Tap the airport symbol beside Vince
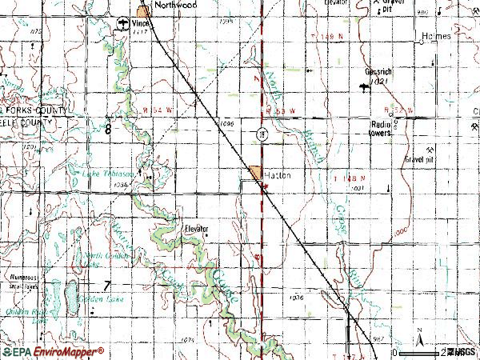pos(122,23)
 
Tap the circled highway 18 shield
pos(262,133)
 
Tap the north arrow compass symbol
pos(418,336)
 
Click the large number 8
pos(106,128)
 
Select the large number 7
pos(106,286)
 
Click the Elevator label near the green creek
pos(195,228)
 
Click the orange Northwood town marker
pos(143,11)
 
